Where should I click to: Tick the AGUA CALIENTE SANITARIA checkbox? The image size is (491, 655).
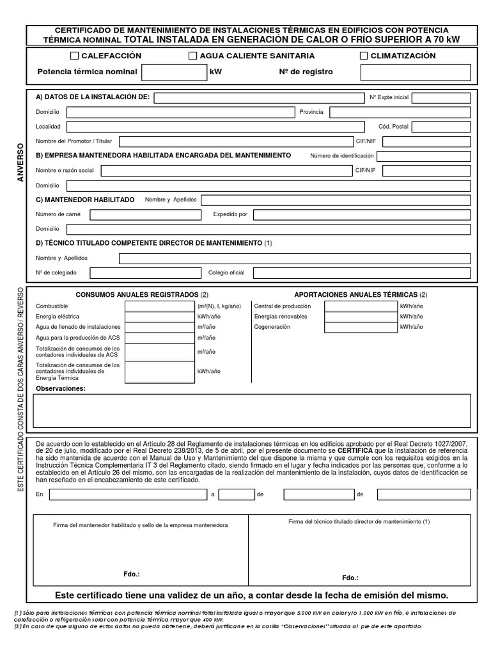pos(193,56)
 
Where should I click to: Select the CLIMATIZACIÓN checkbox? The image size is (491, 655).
pos(364,56)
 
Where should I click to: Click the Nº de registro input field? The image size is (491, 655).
pos(415,72)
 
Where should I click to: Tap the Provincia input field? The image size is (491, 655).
pos(400,112)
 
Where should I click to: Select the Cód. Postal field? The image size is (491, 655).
pos(442,127)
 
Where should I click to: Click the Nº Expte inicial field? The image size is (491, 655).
pos(441,98)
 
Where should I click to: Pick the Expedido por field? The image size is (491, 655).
pos(362,214)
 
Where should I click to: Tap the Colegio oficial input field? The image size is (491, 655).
pos(362,273)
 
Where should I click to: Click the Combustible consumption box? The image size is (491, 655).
pos(160,306)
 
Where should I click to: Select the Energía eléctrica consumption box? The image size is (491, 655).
pos(160,317)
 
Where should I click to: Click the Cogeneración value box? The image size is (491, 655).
pos(361,327)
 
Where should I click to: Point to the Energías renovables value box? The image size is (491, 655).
pos(361,317)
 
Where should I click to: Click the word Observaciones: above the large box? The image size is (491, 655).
pos(60,388)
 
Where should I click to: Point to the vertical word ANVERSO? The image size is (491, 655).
pos(20,162)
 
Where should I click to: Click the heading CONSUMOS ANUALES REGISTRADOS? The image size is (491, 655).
pos(137,294)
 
